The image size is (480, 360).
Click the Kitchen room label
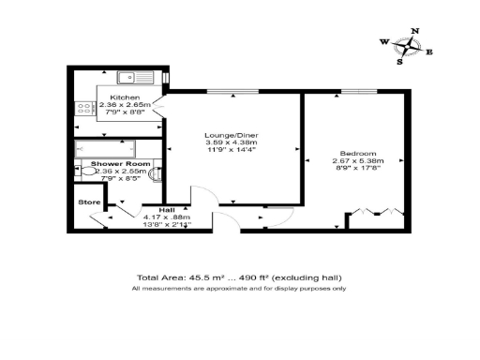125,97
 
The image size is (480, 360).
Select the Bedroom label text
359,154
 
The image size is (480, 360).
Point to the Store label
88,202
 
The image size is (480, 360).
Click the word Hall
167,210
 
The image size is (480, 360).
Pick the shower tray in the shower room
106,148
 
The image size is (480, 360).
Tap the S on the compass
400,63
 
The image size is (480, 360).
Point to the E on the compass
429,52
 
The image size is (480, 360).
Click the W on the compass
384,42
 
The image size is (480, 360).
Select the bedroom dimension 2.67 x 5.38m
359,161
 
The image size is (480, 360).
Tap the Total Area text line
240,278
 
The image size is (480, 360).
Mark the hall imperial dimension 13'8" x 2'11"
167,225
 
